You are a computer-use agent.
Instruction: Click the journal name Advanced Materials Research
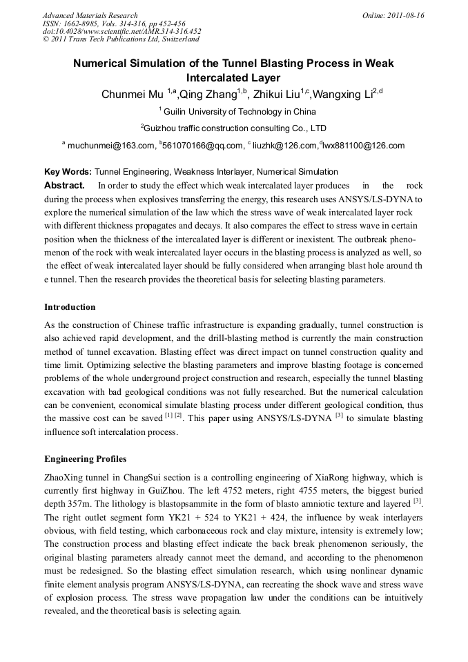[x=90, y=15]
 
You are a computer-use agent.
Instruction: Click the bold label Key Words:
[x=68, y=172]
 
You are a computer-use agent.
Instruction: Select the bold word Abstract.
[x=64, y=186]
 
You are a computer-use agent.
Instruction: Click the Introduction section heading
[x=70, y=307]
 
